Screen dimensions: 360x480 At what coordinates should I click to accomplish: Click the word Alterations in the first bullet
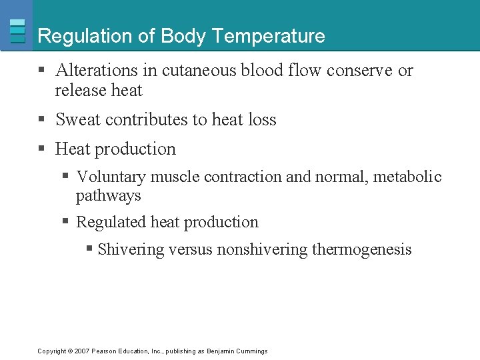[x=96, y=70]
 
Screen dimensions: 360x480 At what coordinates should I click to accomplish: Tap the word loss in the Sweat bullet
[x=262, y=120]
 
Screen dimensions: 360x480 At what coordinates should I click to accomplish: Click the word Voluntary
[x=111, y=177]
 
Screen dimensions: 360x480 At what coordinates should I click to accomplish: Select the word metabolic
[x=407, y=177]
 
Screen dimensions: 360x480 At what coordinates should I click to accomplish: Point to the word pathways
[x=109, y=195]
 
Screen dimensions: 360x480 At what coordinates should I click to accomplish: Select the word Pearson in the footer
[x=105, y=351]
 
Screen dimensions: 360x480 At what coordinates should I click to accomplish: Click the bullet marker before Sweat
[x=42, y=120]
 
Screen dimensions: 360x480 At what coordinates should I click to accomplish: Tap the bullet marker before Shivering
[x=89, y=249]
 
